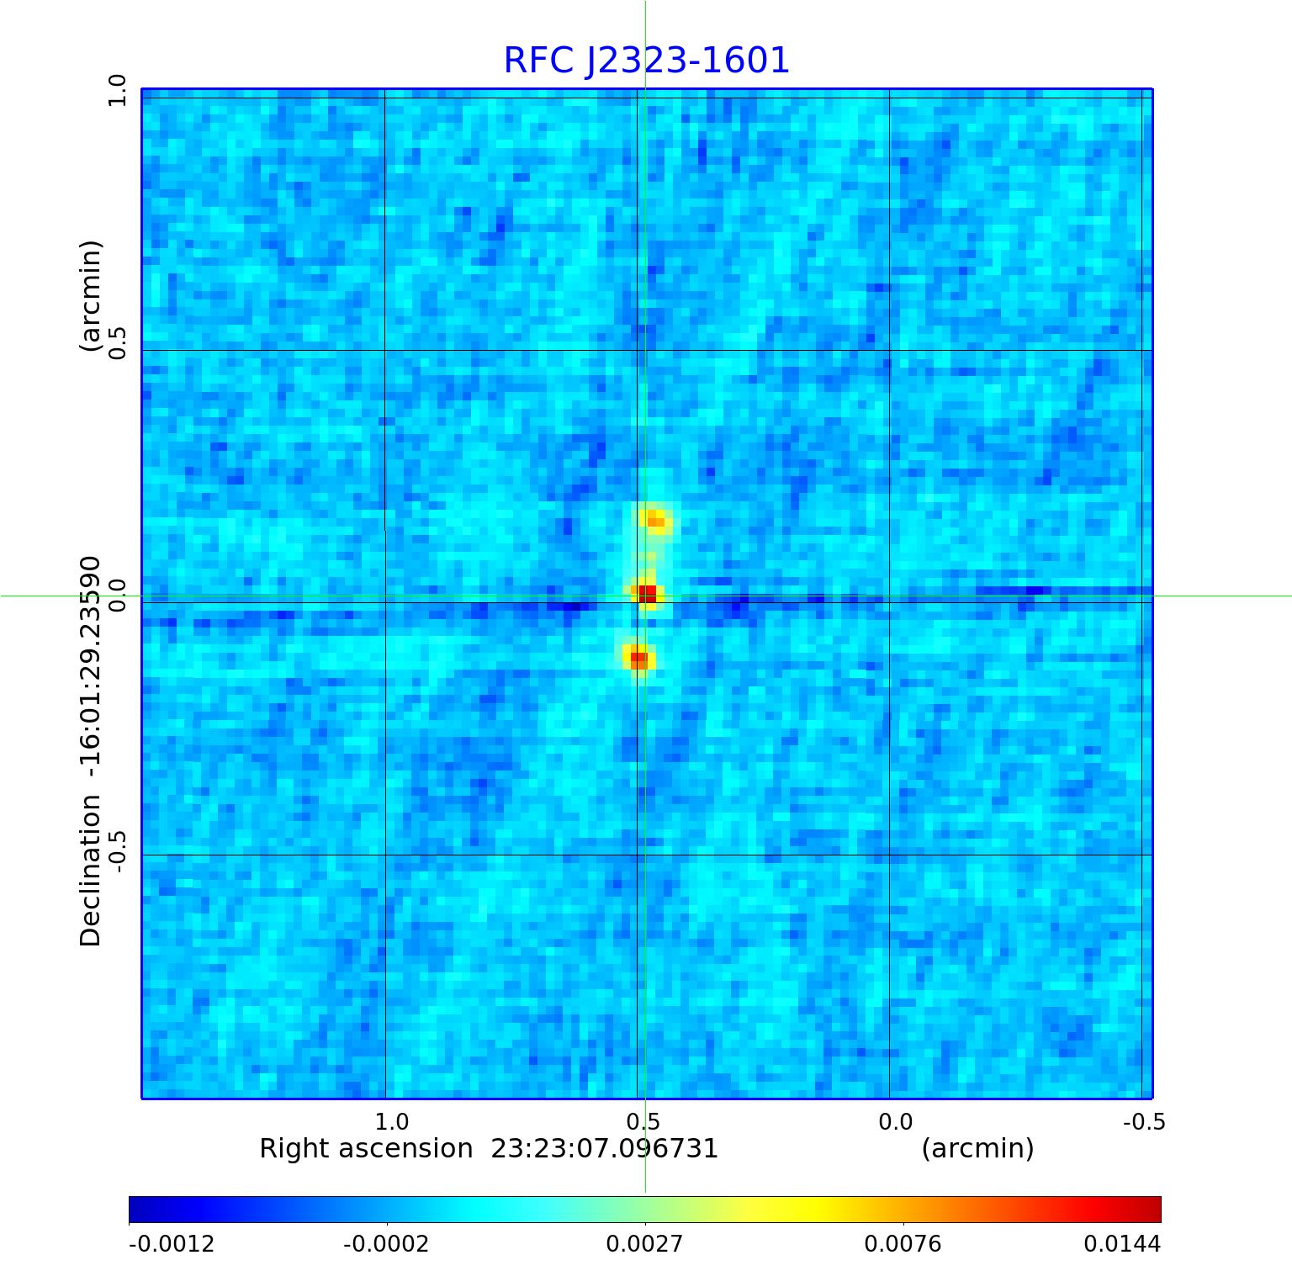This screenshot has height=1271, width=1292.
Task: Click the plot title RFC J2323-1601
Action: (x=646, y=61)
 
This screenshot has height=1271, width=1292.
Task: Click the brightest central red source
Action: (x=646, y=594)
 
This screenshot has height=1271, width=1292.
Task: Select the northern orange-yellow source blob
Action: (x=654, y=521)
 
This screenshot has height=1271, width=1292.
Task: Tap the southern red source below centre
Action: (x=638, y=658)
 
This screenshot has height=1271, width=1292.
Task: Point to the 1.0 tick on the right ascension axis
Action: (x=391, y=1121)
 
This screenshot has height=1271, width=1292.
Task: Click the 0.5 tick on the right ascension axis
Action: (x=643, y=1121)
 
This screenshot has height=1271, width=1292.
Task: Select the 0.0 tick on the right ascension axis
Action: (x=895, y=1121)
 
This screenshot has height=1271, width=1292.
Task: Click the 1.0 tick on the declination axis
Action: (x=116, y=90)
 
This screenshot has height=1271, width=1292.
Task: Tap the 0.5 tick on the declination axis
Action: (x=116, y=342)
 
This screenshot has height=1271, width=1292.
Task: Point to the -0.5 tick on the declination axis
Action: (x=116, y=850)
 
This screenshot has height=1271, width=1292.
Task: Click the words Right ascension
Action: (x=366, y=1148)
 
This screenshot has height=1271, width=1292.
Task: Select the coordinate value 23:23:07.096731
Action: (x=605, y=1148)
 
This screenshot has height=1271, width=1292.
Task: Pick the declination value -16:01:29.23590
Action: (x=90, y=670)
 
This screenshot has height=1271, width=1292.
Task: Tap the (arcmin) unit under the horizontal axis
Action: (x=977, y=1148)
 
